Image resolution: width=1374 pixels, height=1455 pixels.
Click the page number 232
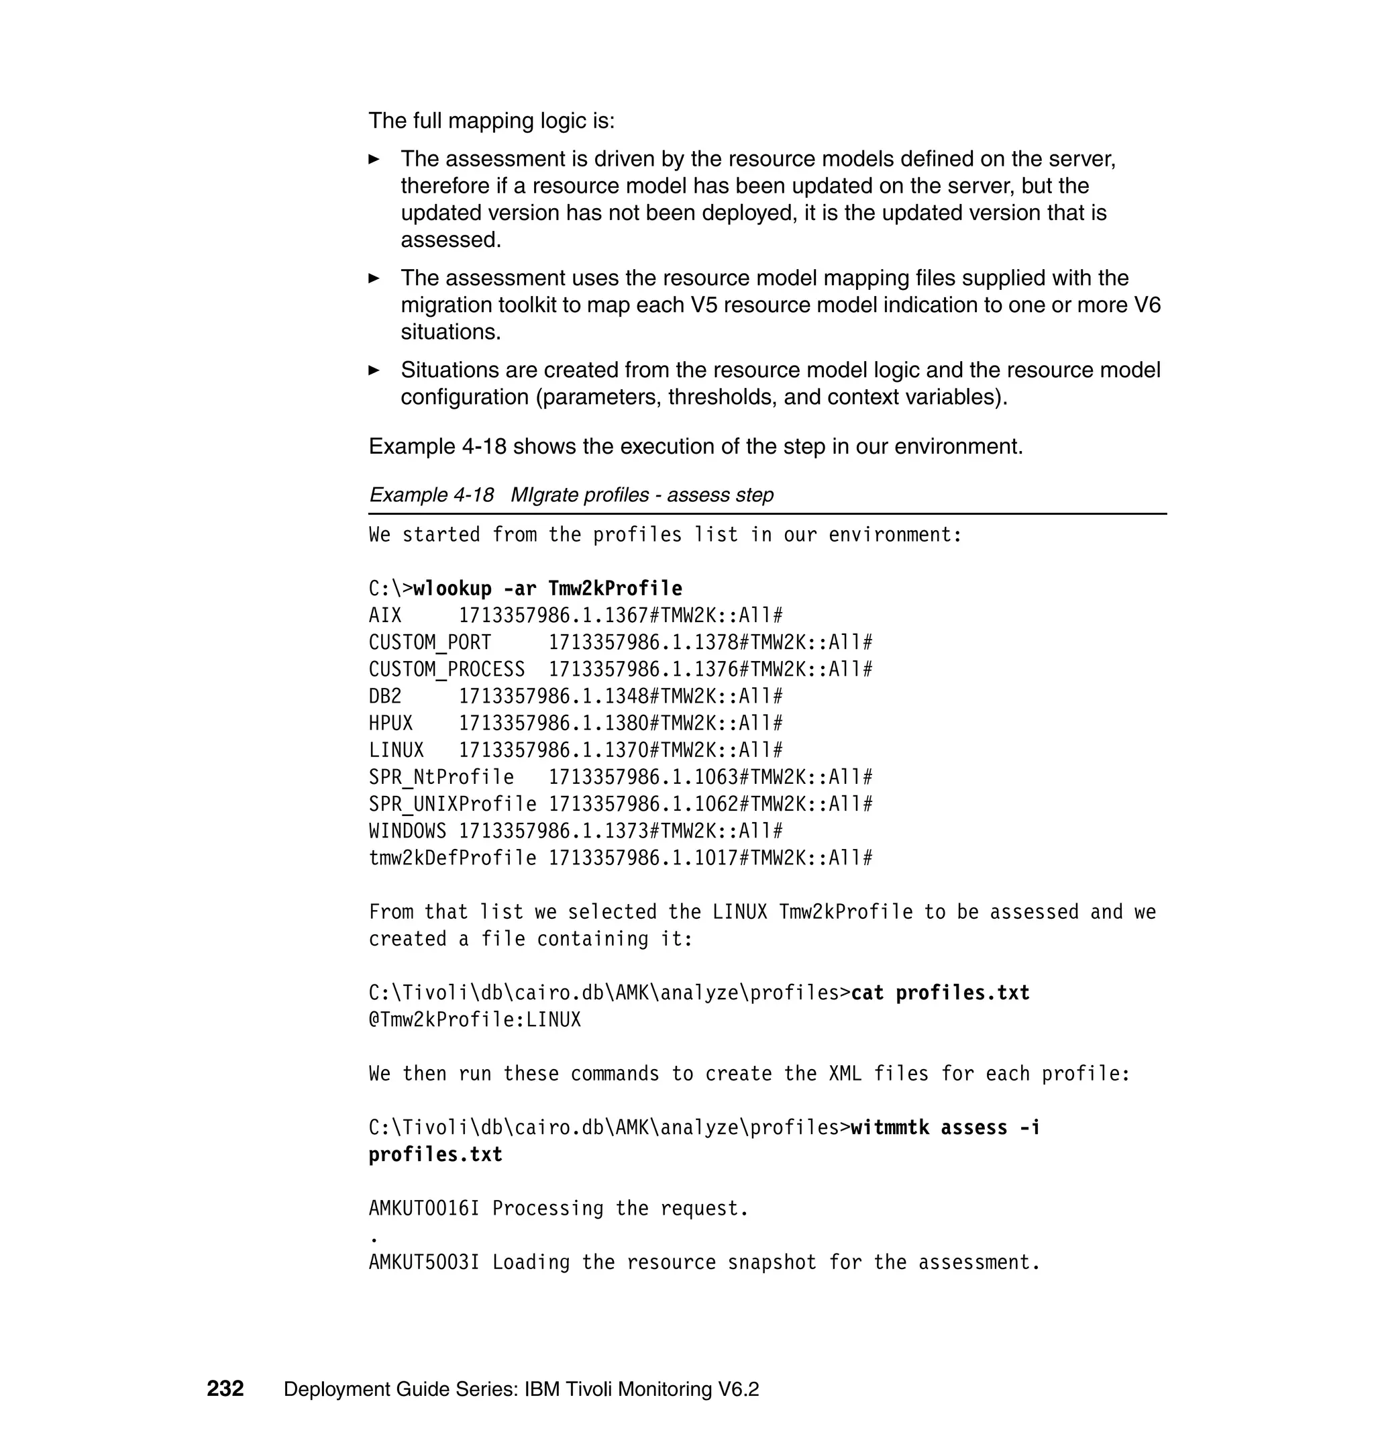225,1389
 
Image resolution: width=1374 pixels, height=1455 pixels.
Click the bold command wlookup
452,589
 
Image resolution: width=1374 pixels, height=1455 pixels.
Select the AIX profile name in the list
385,615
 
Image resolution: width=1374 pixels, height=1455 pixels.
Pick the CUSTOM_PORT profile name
430,642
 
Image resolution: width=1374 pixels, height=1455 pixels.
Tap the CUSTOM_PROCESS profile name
447,670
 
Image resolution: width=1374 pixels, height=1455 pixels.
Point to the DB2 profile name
385,696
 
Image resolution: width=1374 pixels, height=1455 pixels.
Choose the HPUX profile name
390,723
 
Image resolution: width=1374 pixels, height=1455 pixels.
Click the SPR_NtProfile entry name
441,777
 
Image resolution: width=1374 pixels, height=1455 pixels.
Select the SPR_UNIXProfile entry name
452,805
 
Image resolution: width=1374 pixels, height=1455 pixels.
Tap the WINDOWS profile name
407,831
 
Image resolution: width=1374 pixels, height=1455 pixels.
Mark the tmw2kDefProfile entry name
452,858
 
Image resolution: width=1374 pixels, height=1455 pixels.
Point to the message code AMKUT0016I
424,1208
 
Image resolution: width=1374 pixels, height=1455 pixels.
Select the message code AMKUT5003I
424,1262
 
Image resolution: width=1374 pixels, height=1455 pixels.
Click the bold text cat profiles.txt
940,993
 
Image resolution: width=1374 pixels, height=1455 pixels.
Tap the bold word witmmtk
889,1127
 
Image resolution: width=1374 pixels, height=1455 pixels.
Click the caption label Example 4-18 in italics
431,495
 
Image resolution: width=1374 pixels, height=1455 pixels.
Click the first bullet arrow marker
374,159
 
